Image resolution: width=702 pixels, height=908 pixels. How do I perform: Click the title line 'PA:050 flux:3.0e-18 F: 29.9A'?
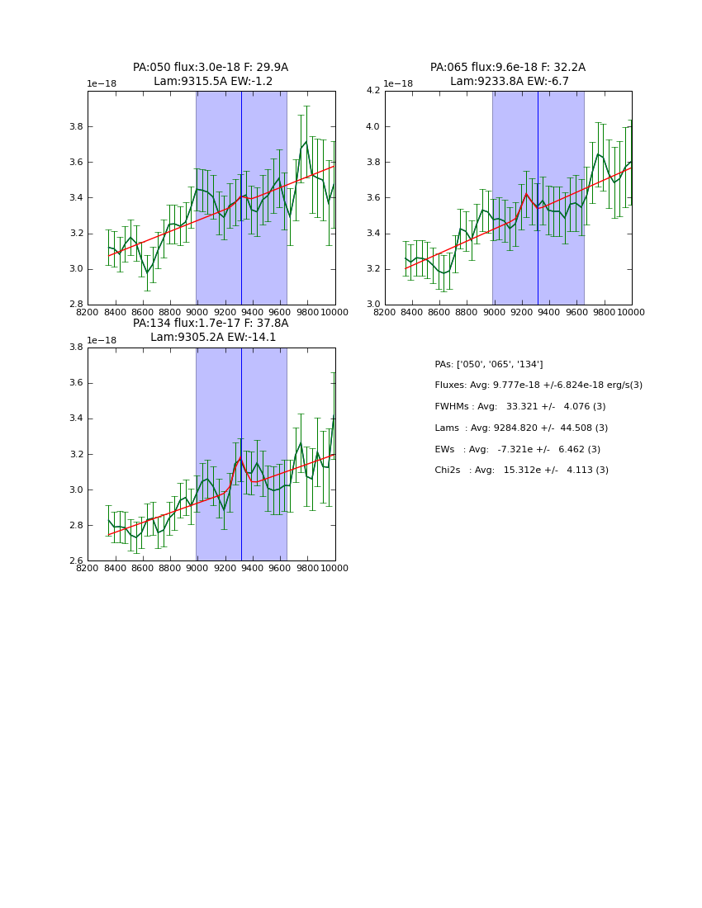pyautogui.click(x=211, y=68)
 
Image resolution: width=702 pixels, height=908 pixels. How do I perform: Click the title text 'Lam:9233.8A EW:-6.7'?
pyautogui.click(x=509, y=82)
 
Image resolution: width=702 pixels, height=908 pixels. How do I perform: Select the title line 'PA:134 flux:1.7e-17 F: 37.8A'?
pyautogui.click(x=211, y=324)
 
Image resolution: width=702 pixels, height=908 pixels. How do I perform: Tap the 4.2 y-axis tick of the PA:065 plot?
pyautogui.click(x=372, y=91)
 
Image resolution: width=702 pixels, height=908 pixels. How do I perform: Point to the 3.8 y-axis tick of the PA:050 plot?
pyautogui.click(x=75, y=127)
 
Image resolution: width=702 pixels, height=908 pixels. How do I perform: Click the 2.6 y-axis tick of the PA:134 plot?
pyautogui.click(x=75, y=561)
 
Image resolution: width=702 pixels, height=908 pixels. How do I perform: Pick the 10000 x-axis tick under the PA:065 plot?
pyautogui.click(x=631, y=311)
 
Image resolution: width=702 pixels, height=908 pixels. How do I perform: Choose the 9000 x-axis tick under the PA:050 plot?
pyautogui.click(x=197, y=311)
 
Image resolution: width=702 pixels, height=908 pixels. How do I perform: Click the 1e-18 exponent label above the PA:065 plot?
pyautogui.click(x=399, y=84)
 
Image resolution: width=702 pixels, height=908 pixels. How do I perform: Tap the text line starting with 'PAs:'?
pyautogui.click(x=488, y=364)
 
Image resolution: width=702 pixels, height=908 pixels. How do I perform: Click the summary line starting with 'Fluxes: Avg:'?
pyautogui.click(x=538, y=385)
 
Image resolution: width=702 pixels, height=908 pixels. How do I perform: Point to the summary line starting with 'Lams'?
pyautogui.click(x=520, y=428)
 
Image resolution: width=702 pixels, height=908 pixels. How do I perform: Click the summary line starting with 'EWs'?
pyautogui.click(x=517, y=449)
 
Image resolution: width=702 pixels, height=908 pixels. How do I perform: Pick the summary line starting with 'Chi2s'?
pyautogui.click(x=521, y=471)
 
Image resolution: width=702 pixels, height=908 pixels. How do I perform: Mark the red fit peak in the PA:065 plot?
pyautogui.click(x=526, y=194)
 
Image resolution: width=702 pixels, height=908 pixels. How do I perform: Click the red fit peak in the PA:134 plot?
pyautogui.click(x=240, y=456)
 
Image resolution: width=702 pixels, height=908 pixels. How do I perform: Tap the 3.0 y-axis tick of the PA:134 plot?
pyautogui.click(x=75, y=490)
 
